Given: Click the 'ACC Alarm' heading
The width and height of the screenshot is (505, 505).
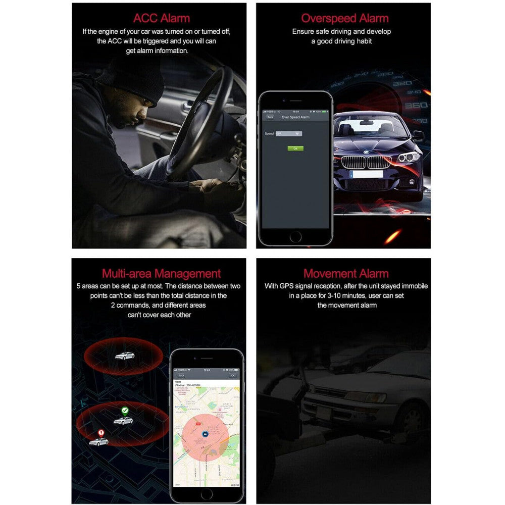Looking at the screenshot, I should (162, 19).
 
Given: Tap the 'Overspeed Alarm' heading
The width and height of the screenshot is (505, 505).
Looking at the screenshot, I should (345, 19).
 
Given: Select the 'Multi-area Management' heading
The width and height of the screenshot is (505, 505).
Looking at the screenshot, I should (162, 274).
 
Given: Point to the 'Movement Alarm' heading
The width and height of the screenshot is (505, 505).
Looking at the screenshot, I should (346, 274).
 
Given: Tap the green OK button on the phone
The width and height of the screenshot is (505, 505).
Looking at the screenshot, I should (295, 148).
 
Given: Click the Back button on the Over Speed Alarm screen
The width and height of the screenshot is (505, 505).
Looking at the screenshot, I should (270, 117).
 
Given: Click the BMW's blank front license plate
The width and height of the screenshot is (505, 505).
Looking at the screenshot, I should (367, 174).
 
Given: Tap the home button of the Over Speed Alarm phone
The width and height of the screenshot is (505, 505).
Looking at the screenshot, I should (295, 236).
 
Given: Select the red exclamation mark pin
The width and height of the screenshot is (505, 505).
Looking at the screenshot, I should (101, 433).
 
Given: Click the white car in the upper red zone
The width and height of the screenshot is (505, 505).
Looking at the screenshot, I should (124, 356).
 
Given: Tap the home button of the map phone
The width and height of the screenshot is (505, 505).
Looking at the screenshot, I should (207, 493).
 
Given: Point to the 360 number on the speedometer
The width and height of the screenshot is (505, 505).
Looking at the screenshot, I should (416, 105).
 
